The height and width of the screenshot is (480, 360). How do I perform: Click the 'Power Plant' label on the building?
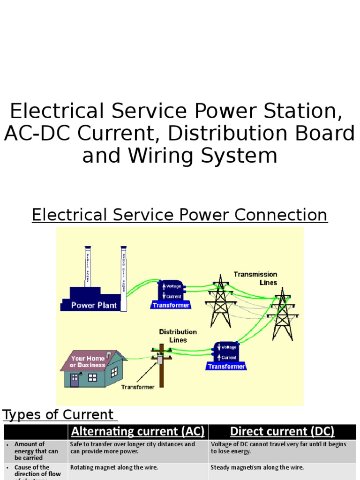click(x=94, y=305)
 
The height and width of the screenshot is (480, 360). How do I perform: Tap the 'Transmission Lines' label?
click(x=255, y=278)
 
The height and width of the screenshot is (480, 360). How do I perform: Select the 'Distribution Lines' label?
click(x=178, y=336)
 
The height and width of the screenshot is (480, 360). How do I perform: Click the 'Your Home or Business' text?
click(x=88, y=361)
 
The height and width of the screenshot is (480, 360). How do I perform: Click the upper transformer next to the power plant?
click(x=171, y=293)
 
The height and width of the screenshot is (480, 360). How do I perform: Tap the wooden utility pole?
click(x=161, y=368)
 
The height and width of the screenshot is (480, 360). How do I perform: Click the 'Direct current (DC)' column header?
click(x=282, y=431)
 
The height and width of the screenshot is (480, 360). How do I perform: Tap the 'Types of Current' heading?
click(x=58, y=415)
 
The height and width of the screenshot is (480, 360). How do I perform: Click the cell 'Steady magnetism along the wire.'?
click(x=257, y=467)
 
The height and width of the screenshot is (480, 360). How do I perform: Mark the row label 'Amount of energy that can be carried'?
click(x=36, y=451)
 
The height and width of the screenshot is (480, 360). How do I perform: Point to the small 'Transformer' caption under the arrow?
click(x=137, y=387)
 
